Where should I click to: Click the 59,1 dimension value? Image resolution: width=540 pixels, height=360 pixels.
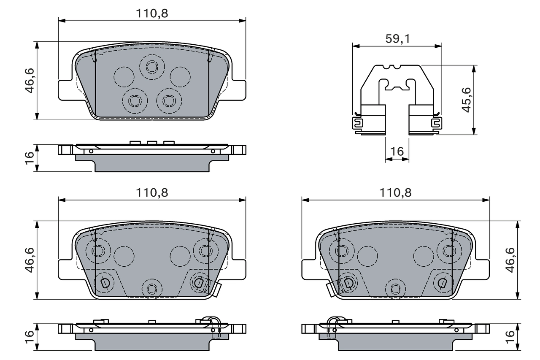[x=397, y=39]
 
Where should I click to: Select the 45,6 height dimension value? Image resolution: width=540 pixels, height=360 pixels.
[x=466, y=100]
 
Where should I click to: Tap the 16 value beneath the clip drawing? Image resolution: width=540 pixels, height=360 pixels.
[x=397, y=151]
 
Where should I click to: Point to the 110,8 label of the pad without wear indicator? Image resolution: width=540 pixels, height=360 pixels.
[x=152, y=14]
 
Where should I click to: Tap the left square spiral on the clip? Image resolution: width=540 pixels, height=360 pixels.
[x=357, y=123]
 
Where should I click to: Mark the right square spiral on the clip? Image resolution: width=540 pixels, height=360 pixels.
[x=435, y=123]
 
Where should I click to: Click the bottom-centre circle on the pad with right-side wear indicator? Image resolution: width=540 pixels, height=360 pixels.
[x=152, y=288]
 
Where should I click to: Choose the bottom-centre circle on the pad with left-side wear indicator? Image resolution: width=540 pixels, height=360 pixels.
[x=396, y=288]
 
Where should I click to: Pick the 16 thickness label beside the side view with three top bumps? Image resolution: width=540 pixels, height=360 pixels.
[x=29, y=157]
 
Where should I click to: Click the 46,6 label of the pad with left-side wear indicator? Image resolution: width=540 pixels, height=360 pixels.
[x=511, y=260]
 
